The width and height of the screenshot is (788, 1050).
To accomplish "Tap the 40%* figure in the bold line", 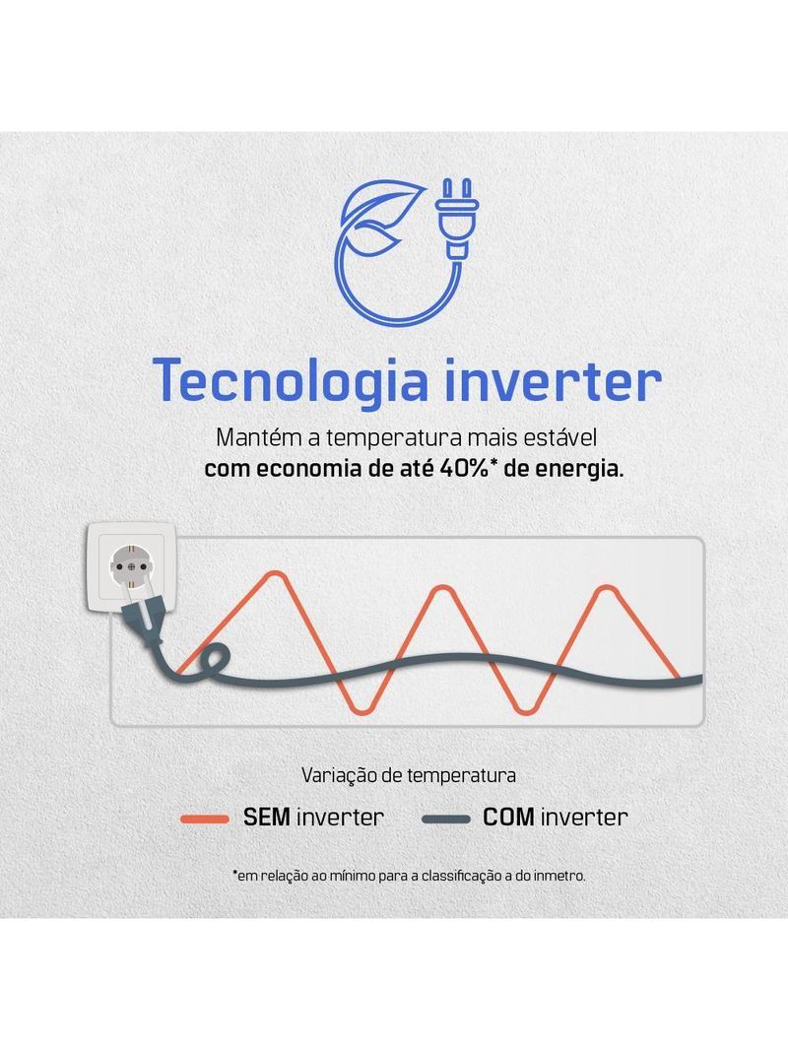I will click(471, 468).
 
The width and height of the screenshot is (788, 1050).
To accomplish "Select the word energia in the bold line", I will click(580, 469).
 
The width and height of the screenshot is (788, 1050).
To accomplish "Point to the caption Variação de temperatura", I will click(408, 775).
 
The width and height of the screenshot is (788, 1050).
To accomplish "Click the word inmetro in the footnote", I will click(558, 875).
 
